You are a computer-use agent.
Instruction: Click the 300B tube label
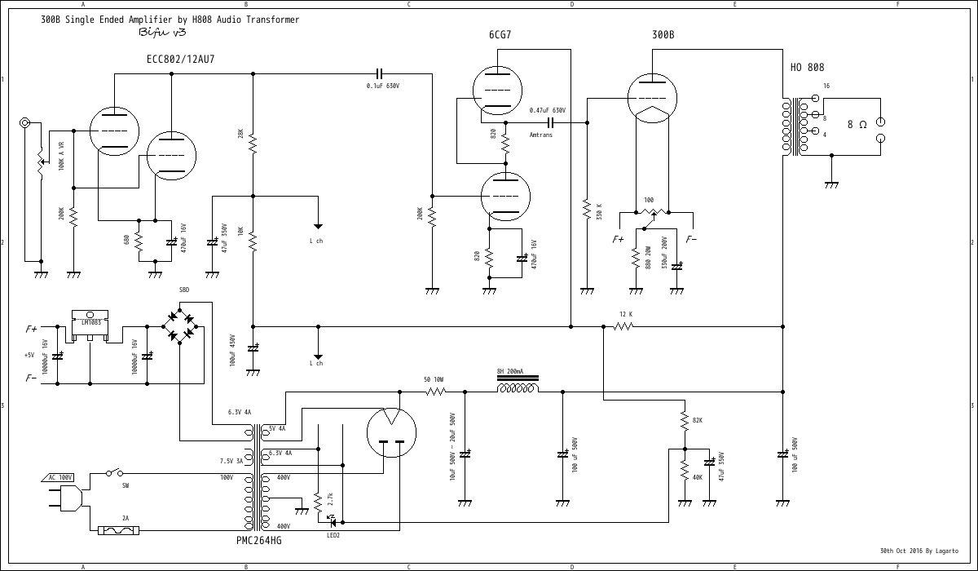(663, 35)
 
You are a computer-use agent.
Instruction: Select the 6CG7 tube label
(500, 35)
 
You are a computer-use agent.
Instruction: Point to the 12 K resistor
(623, 326)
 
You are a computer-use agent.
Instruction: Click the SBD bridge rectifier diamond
(181, 325)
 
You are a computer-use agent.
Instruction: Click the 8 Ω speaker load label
(857, 125)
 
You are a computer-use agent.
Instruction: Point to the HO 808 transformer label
(807, 68)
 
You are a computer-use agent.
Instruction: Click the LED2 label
(333, 535)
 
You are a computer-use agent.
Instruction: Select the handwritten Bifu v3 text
(163, 33)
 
